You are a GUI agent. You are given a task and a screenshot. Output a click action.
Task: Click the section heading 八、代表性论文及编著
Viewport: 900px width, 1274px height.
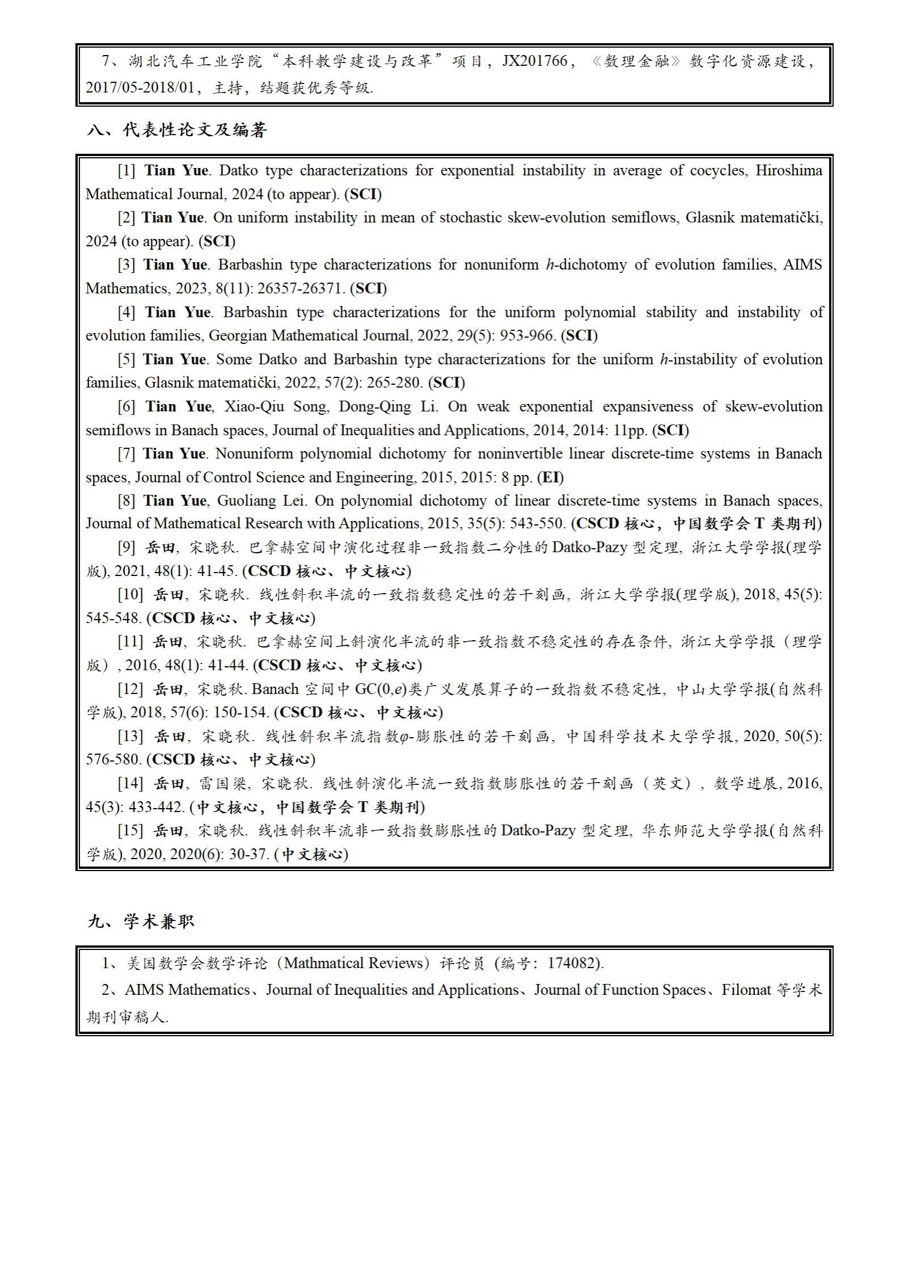[177, 131]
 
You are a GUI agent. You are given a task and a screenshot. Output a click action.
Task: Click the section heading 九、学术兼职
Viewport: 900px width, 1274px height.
[141, 921]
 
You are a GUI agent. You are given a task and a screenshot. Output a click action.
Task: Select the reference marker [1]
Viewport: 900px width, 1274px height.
[127, 170]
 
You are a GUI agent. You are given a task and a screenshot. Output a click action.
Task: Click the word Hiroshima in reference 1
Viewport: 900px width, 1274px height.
[788, 170]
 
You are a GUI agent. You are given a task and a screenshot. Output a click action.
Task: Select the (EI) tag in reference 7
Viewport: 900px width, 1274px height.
[550, 477]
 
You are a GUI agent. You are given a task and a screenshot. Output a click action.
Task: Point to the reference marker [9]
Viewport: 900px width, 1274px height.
[127, 548]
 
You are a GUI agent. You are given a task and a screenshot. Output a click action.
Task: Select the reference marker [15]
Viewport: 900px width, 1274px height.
[131, 830]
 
